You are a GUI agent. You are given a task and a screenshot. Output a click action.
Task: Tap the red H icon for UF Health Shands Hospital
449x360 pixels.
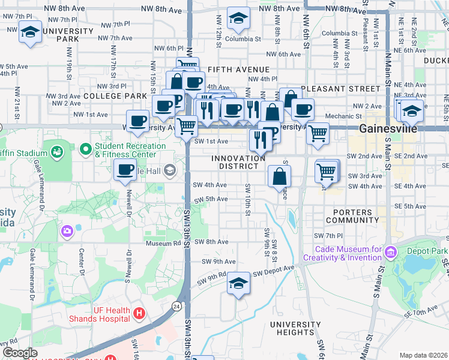tap(139, 313)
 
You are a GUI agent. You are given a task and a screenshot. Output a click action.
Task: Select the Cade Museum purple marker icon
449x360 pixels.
tap(391, 250)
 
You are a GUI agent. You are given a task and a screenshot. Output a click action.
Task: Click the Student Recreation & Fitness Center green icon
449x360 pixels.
tap(85, 148)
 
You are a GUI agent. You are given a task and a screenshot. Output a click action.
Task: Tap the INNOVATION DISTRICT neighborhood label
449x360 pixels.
tap(238, 162)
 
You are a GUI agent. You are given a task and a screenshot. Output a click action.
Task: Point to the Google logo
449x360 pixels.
tap(20, 353)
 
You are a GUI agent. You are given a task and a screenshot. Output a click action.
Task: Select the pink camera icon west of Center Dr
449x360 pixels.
tap(67, 230)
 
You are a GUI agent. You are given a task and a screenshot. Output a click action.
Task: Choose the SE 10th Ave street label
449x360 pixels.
tap(418, 311)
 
